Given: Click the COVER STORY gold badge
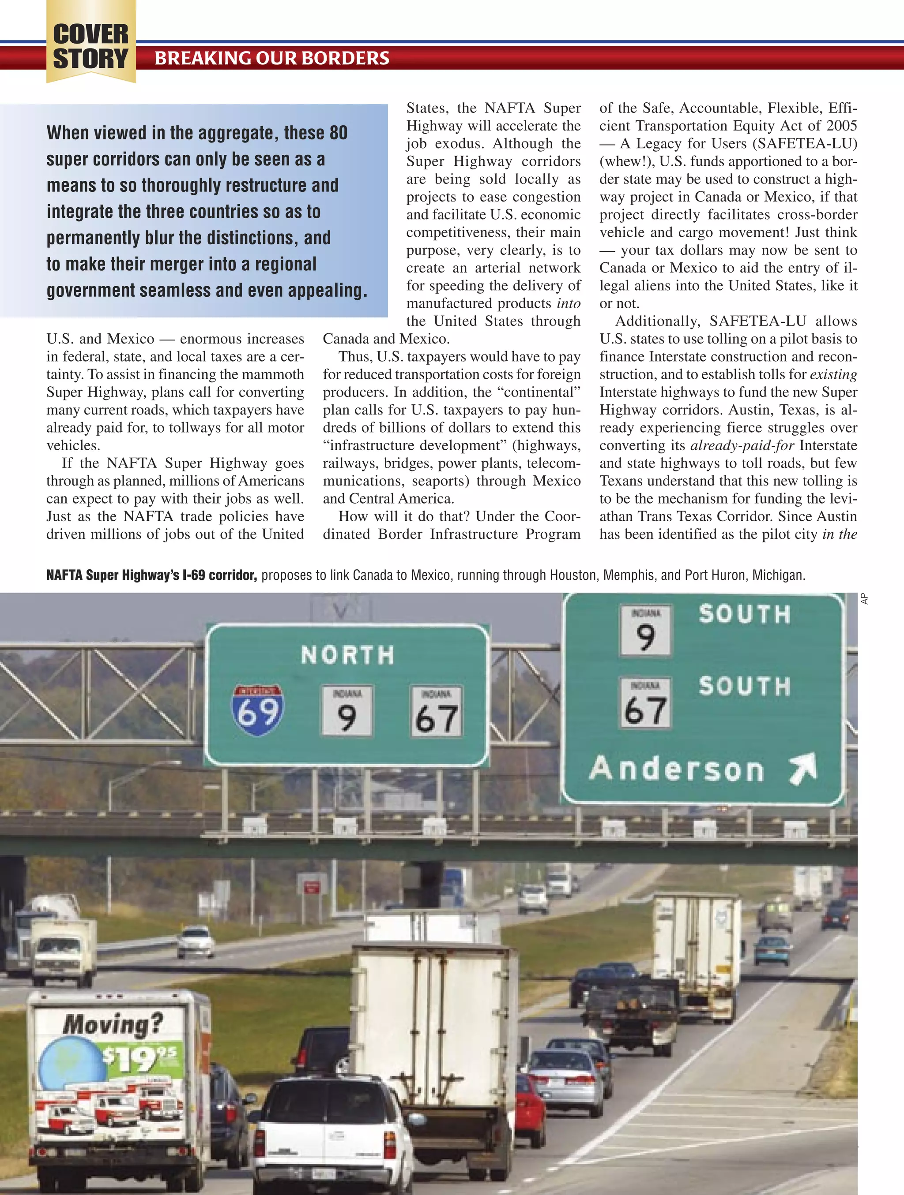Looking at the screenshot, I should [91, 46].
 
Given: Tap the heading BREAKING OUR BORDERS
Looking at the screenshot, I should [272, 58].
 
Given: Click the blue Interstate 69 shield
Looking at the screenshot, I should [258, 710].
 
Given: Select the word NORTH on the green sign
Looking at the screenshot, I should [348, 655].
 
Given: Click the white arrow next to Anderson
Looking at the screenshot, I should [802, 769].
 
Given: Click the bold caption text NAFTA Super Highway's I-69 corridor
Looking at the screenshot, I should [151, 575].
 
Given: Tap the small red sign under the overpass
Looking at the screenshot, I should [312, 887].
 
